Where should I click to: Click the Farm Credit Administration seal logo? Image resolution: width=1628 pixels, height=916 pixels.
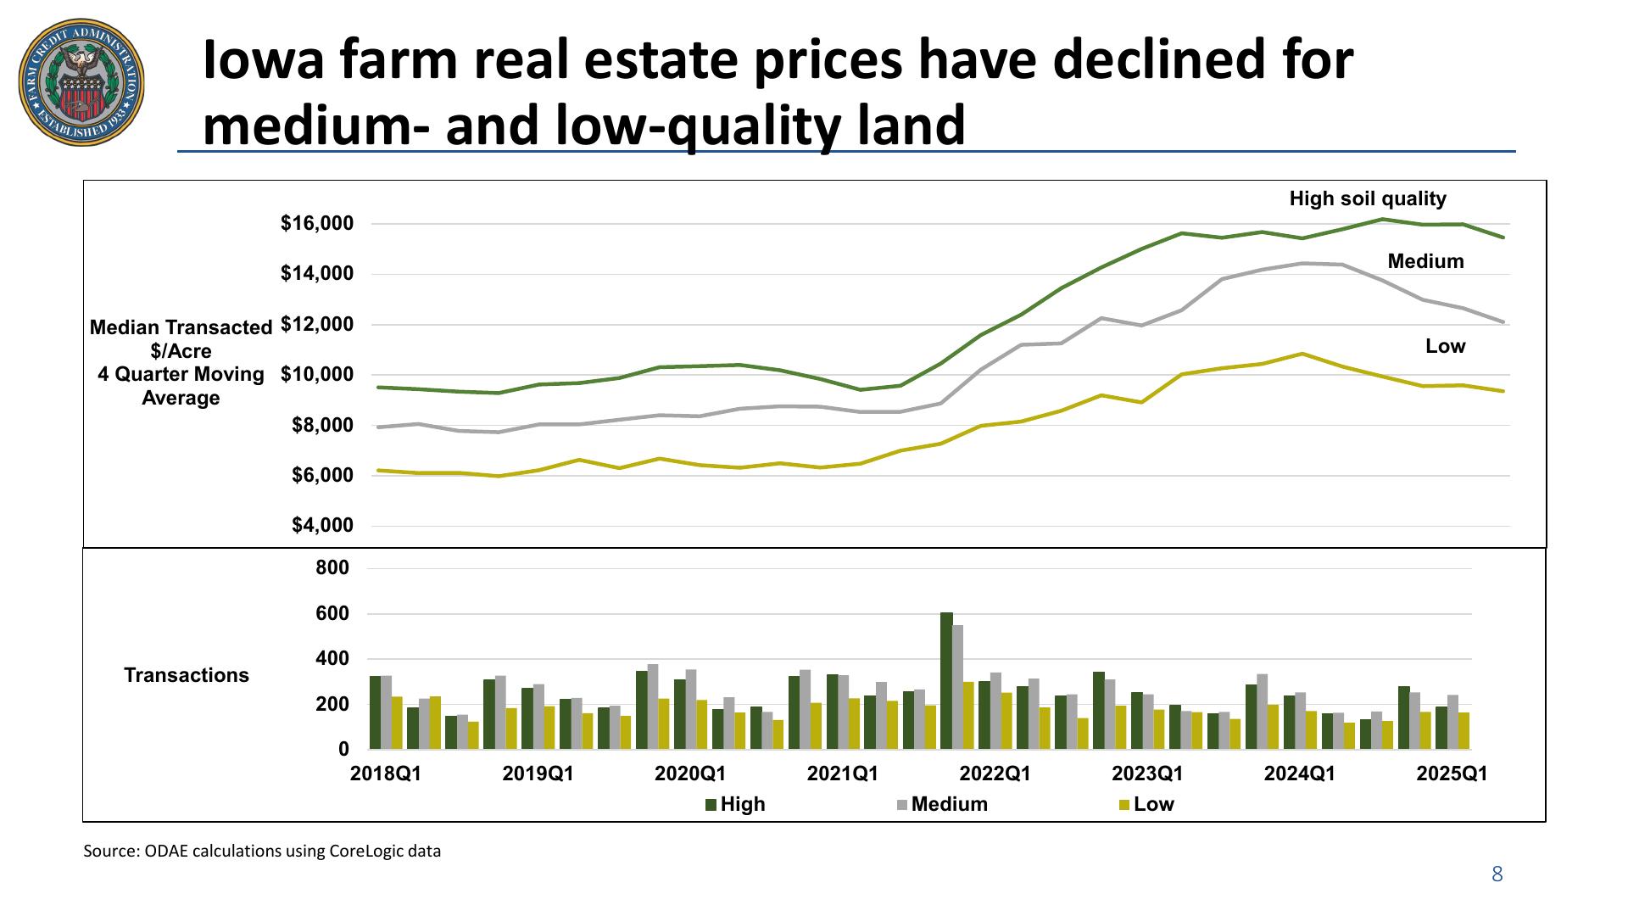coord(81,85)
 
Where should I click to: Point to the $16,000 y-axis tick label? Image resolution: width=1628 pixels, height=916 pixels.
coord(316,224)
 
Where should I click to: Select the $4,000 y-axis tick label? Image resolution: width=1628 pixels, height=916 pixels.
coord(322,526)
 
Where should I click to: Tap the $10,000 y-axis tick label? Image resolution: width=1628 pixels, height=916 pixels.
coord(316,375)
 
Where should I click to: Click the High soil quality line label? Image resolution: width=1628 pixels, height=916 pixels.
coord(1367,198)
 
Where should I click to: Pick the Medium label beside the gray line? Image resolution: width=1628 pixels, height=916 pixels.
coord(1425,261)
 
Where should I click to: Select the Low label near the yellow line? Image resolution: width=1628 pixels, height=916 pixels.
coord(1445,346)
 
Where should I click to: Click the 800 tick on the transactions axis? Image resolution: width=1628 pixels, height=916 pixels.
coord(332,567)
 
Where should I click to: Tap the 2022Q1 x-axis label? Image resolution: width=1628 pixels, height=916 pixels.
coord(995,774)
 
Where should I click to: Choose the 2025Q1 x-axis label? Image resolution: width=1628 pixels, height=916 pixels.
coord(1452,774)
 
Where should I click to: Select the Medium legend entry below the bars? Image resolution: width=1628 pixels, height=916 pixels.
coord(942,804)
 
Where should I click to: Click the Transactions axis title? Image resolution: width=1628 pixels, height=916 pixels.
coord(187,675)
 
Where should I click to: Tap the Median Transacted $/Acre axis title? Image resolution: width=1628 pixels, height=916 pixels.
coord(181,362)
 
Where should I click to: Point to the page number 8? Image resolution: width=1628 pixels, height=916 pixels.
coord(1497,874)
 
